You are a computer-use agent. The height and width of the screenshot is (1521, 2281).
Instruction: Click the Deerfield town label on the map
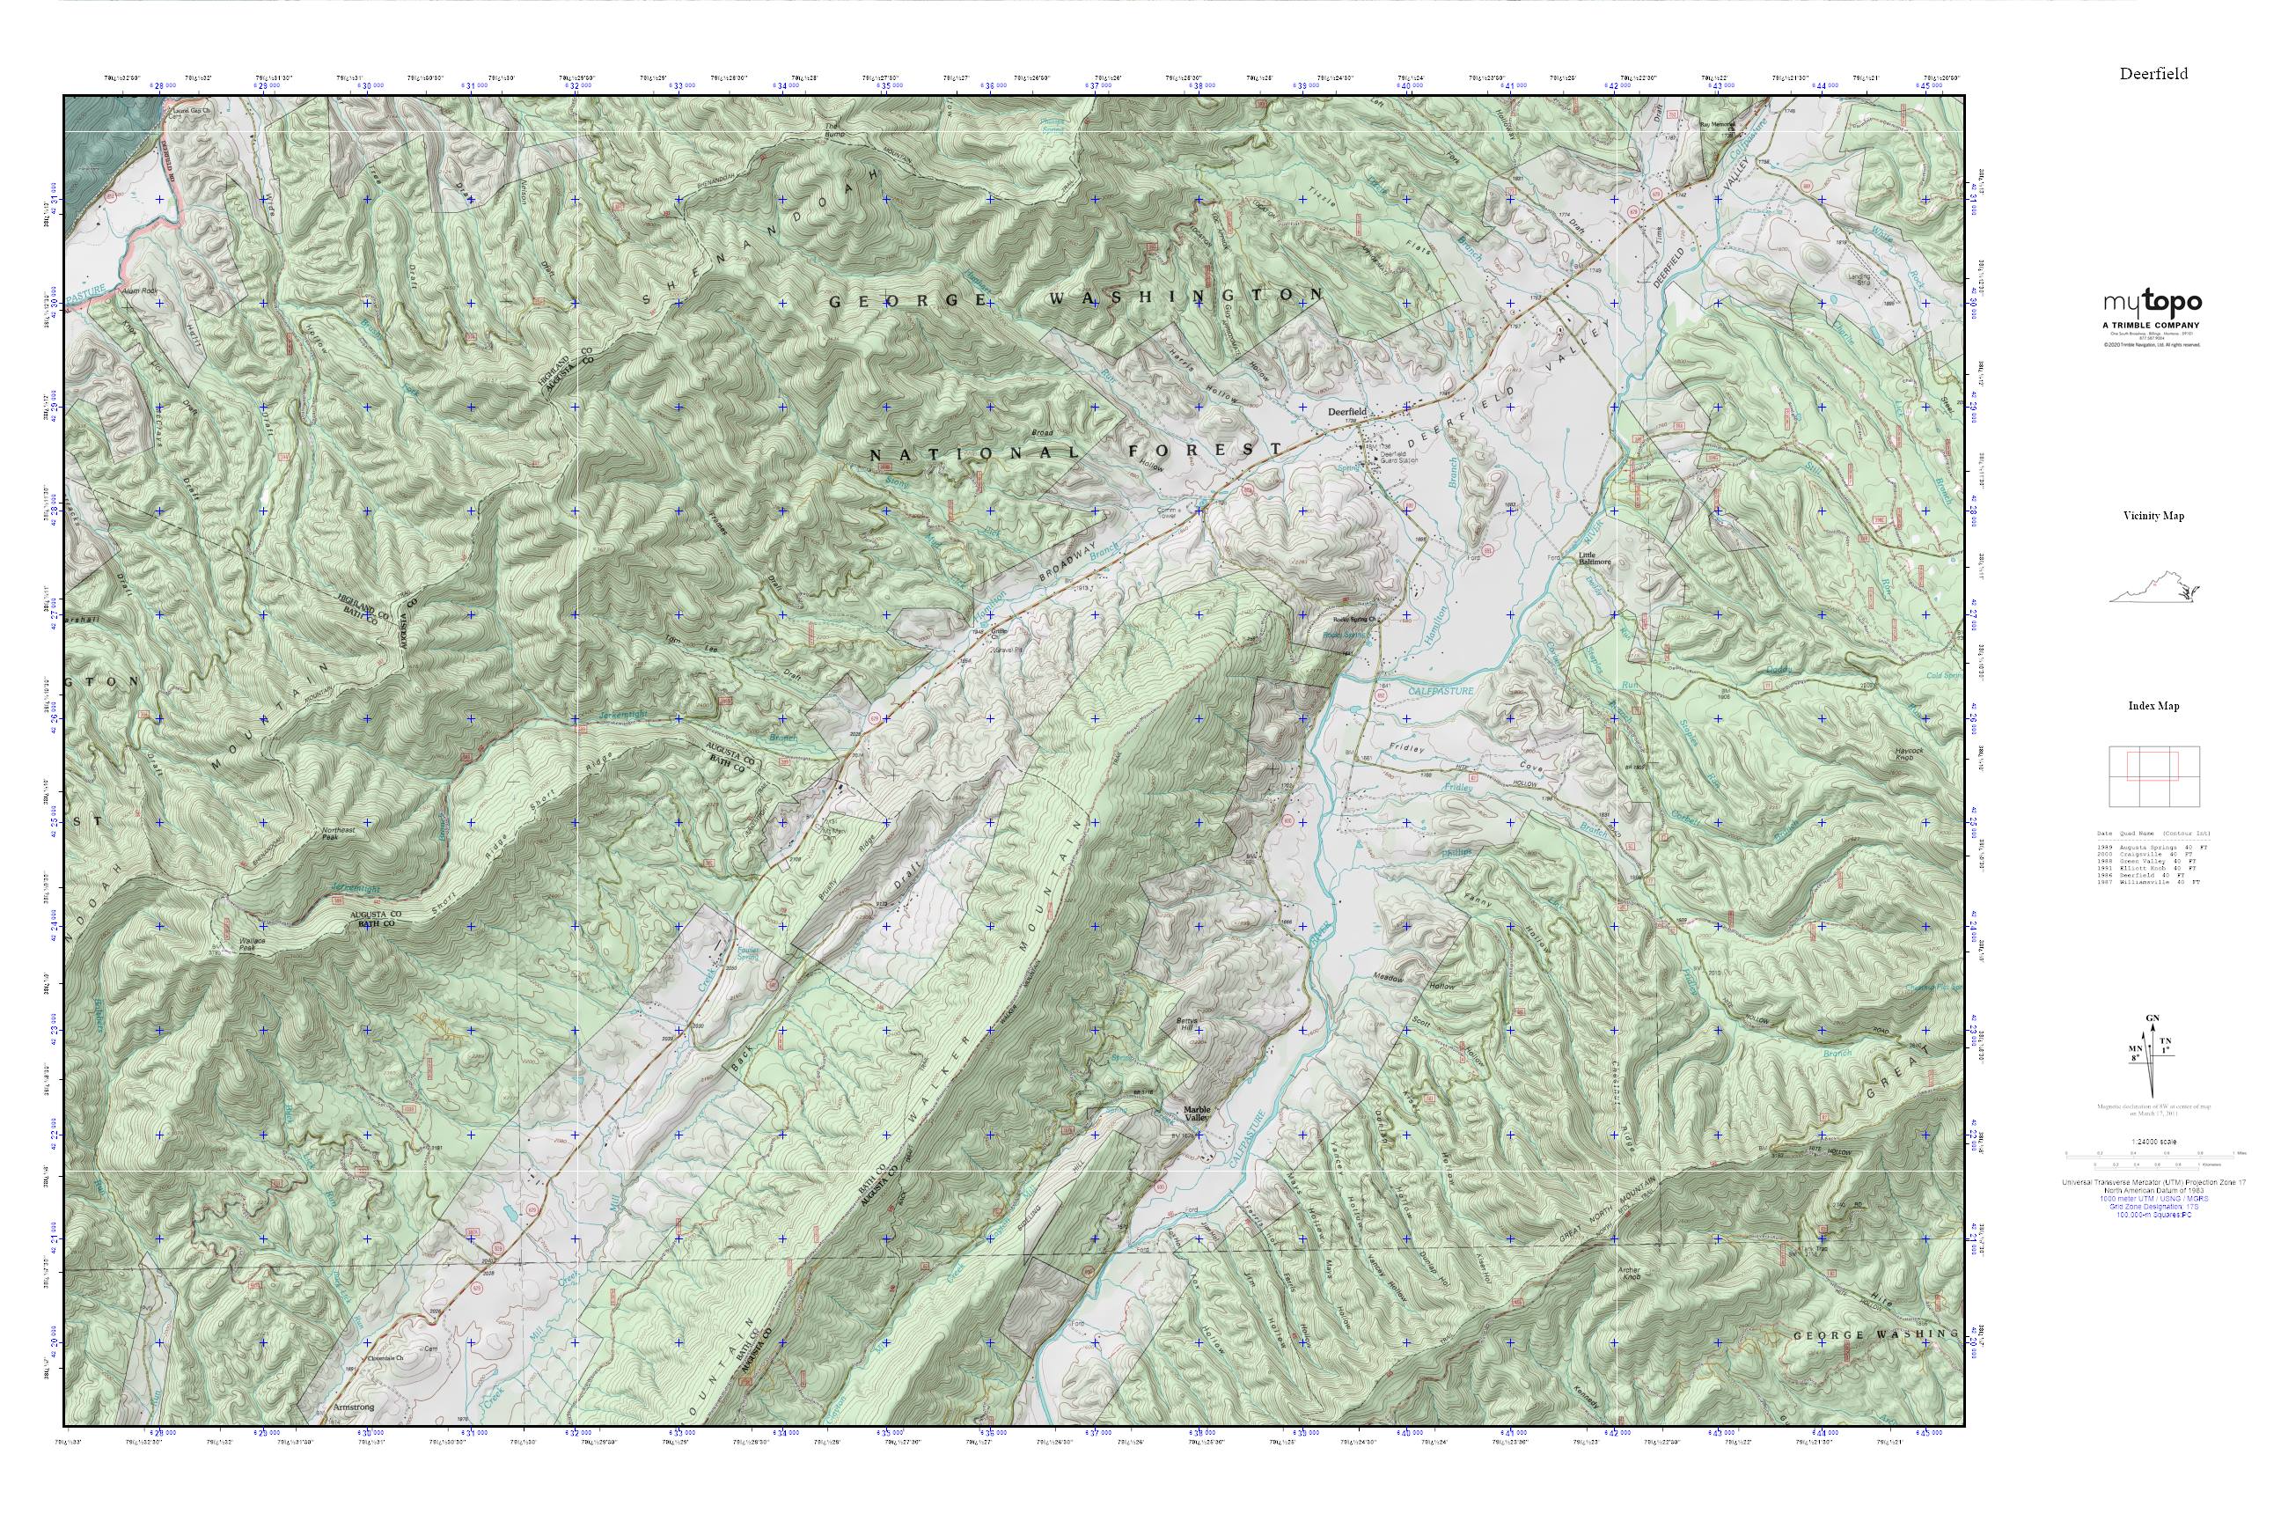click(x=1347, y=412)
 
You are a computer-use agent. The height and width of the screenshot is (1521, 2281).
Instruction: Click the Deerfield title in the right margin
click(x=2153, y=74)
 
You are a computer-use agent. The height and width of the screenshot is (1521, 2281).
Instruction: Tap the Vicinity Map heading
click(x=2153, y=516)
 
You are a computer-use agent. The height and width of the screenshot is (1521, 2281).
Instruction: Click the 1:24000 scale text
click(x=2153, y=1141)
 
